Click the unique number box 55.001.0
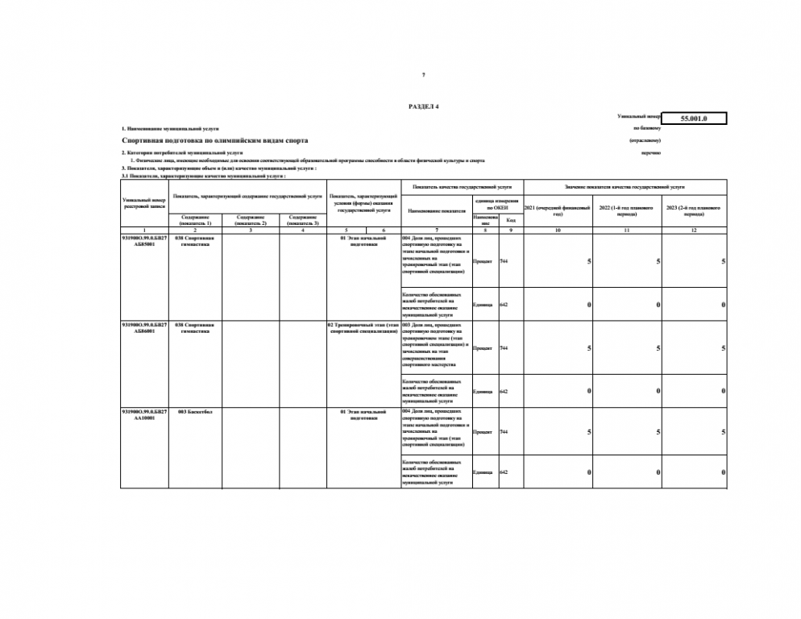pos(693,119)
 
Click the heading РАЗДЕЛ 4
pos(424,106)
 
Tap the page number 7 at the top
pos(424,75)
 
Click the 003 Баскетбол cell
pos(194,412)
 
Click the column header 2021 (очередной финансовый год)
pos(558,210)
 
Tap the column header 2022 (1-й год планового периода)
pos(627,210)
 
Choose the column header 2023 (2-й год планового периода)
pos(693,210)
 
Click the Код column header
pos(510,220)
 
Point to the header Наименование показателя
pos(437,210)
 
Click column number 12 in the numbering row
pos(693,231)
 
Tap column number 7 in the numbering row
pos(437,231)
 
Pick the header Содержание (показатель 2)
pos(251,220)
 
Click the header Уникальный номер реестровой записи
pos(143,202)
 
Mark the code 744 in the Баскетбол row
pos(504,432)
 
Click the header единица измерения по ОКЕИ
pos(497,204)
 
